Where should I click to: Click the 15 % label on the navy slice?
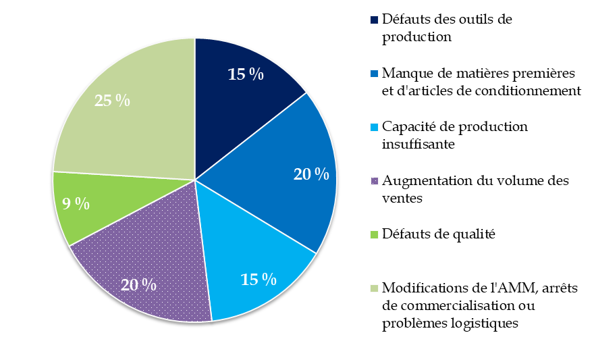coord(246,74)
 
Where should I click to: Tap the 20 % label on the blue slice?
coord(311,174)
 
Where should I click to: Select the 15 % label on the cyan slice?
coord(259,279)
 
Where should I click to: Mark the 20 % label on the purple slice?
coord(139,284)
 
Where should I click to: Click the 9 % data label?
coord(76,204)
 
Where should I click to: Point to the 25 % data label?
coord(112,101)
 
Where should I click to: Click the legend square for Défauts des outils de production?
coord(374,20)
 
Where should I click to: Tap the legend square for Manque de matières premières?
coord(374,73)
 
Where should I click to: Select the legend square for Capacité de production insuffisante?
coord(374,127)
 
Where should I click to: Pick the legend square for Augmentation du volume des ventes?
coord(374,181)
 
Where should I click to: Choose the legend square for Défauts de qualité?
coord(374,234)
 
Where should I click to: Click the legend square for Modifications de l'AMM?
coord(374,288)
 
